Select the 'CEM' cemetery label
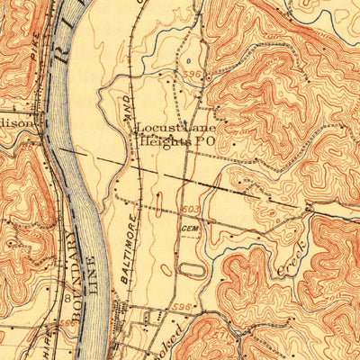point(188,229)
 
